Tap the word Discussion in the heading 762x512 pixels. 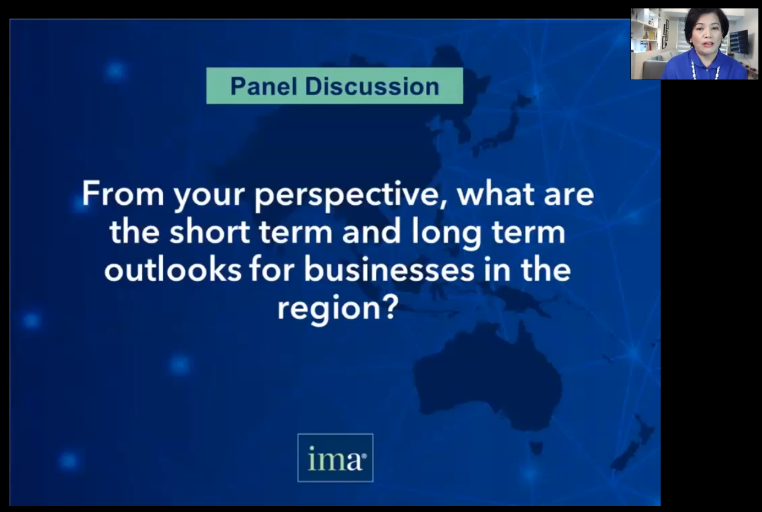(372, 86)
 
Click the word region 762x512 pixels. (328, 309)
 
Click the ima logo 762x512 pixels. (335, 458)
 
